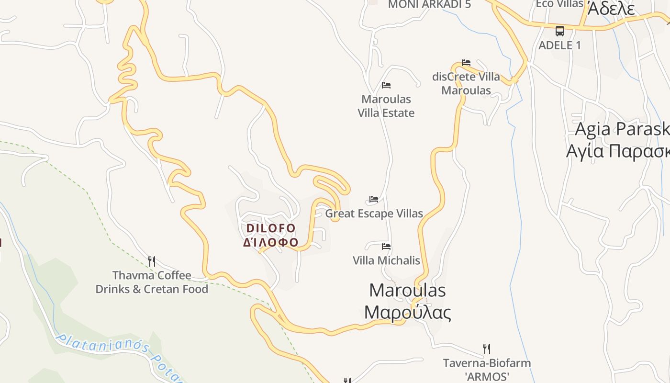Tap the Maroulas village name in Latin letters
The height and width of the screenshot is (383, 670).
coord(407,290)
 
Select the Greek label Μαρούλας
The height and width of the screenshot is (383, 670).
coord(407,312)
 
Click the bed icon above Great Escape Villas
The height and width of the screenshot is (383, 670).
coord(374,199)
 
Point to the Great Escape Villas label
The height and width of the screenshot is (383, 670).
coord(374,214)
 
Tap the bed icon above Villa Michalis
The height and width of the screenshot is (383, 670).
coord(386,247)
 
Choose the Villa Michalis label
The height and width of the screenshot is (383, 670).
coord(386,260)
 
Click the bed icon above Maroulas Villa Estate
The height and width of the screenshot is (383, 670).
coord(386,86)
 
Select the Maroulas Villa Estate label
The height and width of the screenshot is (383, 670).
coord(386,106)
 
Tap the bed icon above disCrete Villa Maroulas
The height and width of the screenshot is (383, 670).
coord(466,63)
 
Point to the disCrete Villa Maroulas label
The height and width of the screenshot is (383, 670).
coord(466,83)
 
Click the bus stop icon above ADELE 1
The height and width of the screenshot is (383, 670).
coord(559,31)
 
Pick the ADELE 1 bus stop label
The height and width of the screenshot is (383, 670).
coord(559,45)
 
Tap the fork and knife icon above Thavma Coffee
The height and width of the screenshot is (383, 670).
coord(152,261)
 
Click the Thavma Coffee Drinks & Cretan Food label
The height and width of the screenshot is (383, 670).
coord(152,282)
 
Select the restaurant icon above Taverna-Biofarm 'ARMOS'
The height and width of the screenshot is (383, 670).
coord(487,349)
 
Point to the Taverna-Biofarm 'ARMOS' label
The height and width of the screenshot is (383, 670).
coord(487,370)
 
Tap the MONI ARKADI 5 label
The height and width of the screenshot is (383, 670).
coord(429,4)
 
